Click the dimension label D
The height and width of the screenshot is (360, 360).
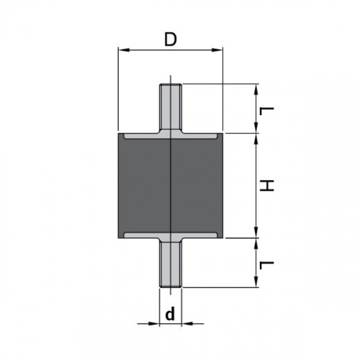171,40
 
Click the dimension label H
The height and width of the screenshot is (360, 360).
266,186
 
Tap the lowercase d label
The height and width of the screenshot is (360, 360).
170,314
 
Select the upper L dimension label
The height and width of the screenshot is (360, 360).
266,112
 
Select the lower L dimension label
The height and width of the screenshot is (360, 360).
266,266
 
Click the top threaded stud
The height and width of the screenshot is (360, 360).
171,107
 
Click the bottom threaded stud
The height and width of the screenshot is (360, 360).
171,264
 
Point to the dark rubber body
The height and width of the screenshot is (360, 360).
171,186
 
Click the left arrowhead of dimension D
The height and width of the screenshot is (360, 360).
124,50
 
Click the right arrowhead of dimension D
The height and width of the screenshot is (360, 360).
217,50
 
